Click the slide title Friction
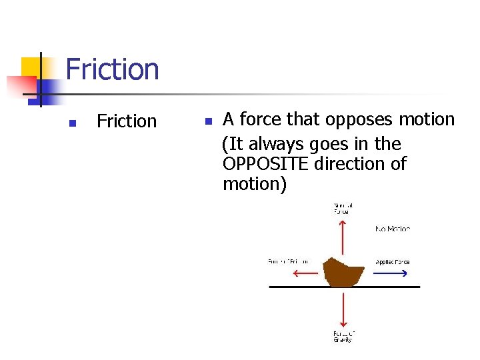click(112, 69)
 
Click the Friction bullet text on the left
click(127, 121)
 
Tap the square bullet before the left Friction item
click(73, 123)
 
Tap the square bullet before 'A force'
click(208, 121)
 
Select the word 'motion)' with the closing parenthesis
click(255, 184)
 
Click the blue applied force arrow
click(393, 273)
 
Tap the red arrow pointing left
click(305, 273)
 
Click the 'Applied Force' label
click(393, 262)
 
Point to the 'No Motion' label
click(393, 229)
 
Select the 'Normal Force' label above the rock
click(342, 208)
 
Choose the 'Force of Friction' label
click(288, 262)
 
